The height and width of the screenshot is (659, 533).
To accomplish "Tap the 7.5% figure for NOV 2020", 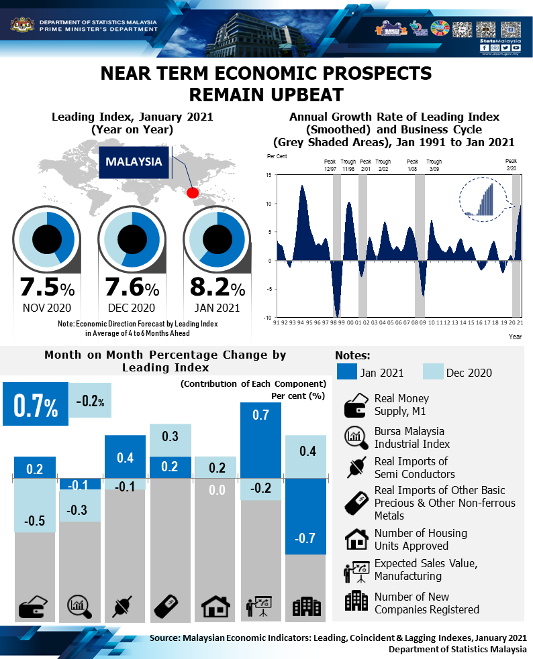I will point(47,288).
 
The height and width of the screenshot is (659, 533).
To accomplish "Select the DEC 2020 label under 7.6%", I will point(132,308).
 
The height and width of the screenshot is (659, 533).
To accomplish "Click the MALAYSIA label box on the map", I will point(134,162).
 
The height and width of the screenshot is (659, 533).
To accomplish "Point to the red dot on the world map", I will point(192,193).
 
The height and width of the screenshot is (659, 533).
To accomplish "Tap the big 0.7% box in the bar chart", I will point(35,404).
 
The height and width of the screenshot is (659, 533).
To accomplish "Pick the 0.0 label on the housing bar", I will point(215,490).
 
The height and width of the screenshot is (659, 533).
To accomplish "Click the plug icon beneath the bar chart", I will point(125,606).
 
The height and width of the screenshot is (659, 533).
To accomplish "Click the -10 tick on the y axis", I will point(267,318).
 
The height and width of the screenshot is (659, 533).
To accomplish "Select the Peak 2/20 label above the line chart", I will point(511,165).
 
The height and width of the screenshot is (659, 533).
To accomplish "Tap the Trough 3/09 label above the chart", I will point(434,165).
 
